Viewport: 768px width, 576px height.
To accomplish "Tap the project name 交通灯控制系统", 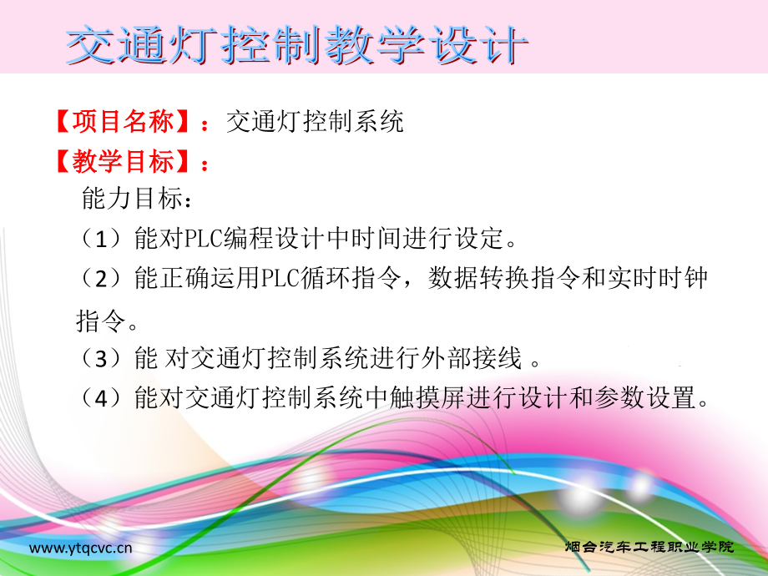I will (x=315, y=122).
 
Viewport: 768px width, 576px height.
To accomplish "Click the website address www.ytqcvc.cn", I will (x=81, y=548).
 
